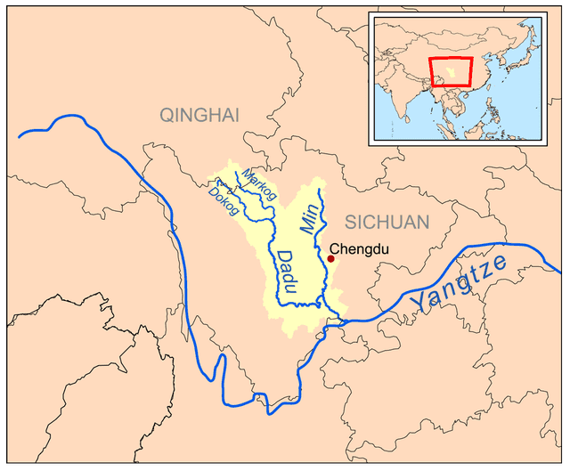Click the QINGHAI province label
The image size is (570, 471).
[x=200, y=114]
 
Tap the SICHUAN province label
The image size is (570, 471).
[x=387, y=222]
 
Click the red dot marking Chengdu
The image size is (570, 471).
[x=331, y=259]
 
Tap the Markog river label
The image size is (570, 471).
[x=259, y=184]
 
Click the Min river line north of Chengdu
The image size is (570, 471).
[x=321, y=223]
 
